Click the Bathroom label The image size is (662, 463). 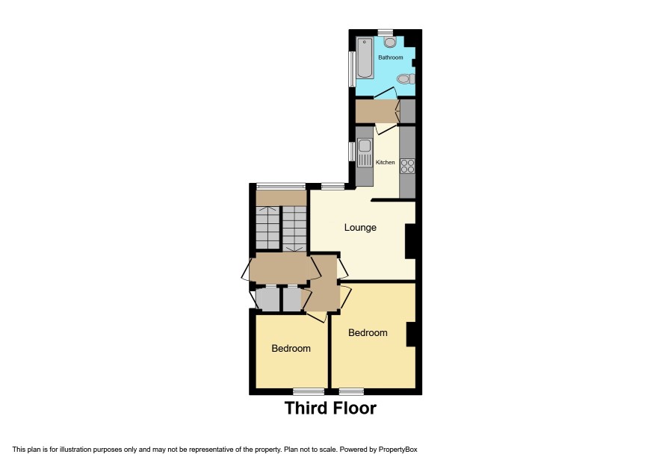[x=391, y=57]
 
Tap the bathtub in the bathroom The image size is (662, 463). [x=365, y=58]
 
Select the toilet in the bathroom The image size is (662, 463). [x=406, y=79]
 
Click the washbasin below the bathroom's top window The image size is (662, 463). [x=390, y=42]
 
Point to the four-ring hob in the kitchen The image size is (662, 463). [x=407, y=166]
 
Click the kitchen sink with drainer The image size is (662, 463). [x=364, y=152]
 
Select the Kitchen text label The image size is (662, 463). [x=385, y=162]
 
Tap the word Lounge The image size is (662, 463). [x=360, y=228]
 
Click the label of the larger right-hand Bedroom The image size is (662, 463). [x=368, y=332]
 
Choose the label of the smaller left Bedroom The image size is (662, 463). [x=291, y=348]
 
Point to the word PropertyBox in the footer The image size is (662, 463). [x=397, y=450]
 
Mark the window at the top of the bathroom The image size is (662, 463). [x=386, y=32]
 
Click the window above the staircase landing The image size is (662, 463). [x=281, y=186]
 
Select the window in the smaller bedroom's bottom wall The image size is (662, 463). [x=309, y=391]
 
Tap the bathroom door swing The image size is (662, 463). [x=386, y=93]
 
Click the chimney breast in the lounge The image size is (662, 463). [x=410, y=241]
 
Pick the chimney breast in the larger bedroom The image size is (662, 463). [x=411, y=335]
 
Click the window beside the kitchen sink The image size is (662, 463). [x=352, y=152]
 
